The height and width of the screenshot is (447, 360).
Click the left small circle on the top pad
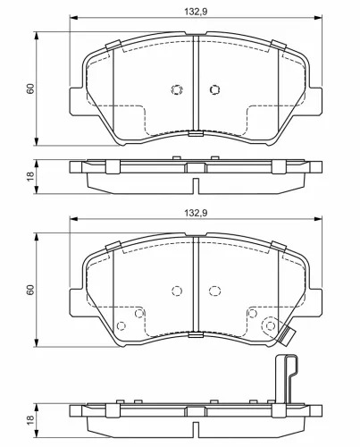click(x=175, y=89)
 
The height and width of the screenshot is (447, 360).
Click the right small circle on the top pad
click(x=214, y=89)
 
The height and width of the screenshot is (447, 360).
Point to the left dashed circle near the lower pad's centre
click(x=176, y=291)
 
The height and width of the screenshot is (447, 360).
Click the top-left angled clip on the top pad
click(x=113, y=46)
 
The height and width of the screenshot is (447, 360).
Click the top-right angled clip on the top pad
click(x=277, y=46)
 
